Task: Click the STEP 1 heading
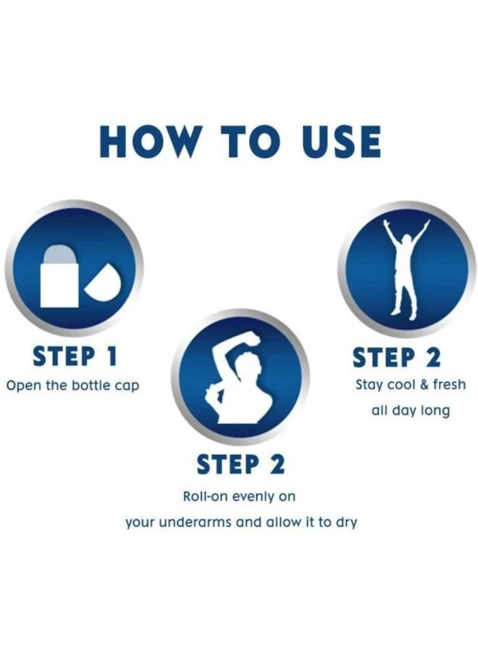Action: [x=75, y=356]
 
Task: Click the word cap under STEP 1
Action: [x=126, y=387]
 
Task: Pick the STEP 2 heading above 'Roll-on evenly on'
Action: [x=240, y=464]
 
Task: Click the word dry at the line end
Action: [x=347, y=523]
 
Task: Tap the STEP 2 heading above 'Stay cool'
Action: [x=397, y=357]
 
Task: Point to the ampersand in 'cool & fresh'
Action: [x=424, y=384]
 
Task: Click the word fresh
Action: [x=449, y=384]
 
